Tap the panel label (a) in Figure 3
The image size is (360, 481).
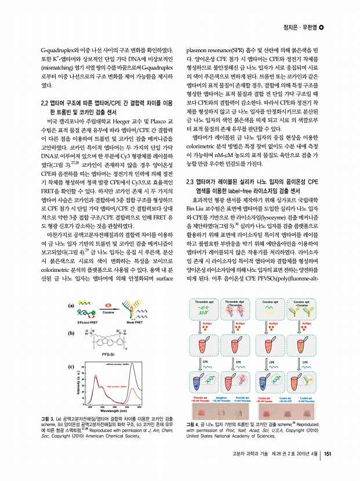click(x=71, y=305)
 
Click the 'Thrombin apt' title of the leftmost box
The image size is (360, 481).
click(x=204, y=302)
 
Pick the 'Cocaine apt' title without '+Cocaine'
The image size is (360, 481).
click(x=272, y=302)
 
